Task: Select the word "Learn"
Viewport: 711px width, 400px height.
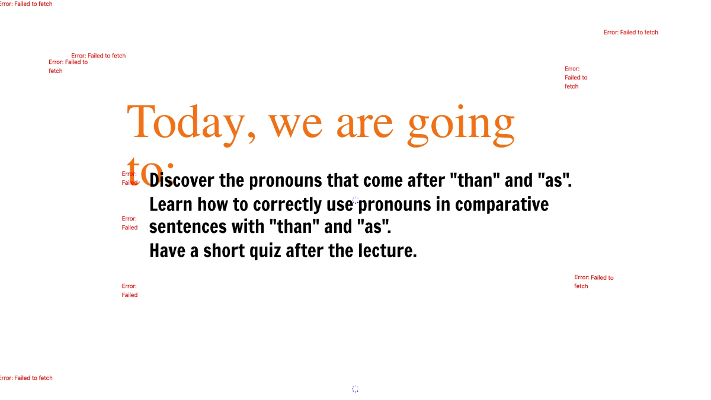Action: pos(171,204)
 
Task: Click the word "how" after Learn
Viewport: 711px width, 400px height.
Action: pos(212,204)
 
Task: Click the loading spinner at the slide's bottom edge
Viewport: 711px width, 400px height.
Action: pos(355,389)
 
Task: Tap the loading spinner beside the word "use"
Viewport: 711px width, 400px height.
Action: pos(355,201)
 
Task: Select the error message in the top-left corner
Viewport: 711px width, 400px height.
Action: pos(26,4)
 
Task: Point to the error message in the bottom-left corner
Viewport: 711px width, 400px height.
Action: pos(26,378)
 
